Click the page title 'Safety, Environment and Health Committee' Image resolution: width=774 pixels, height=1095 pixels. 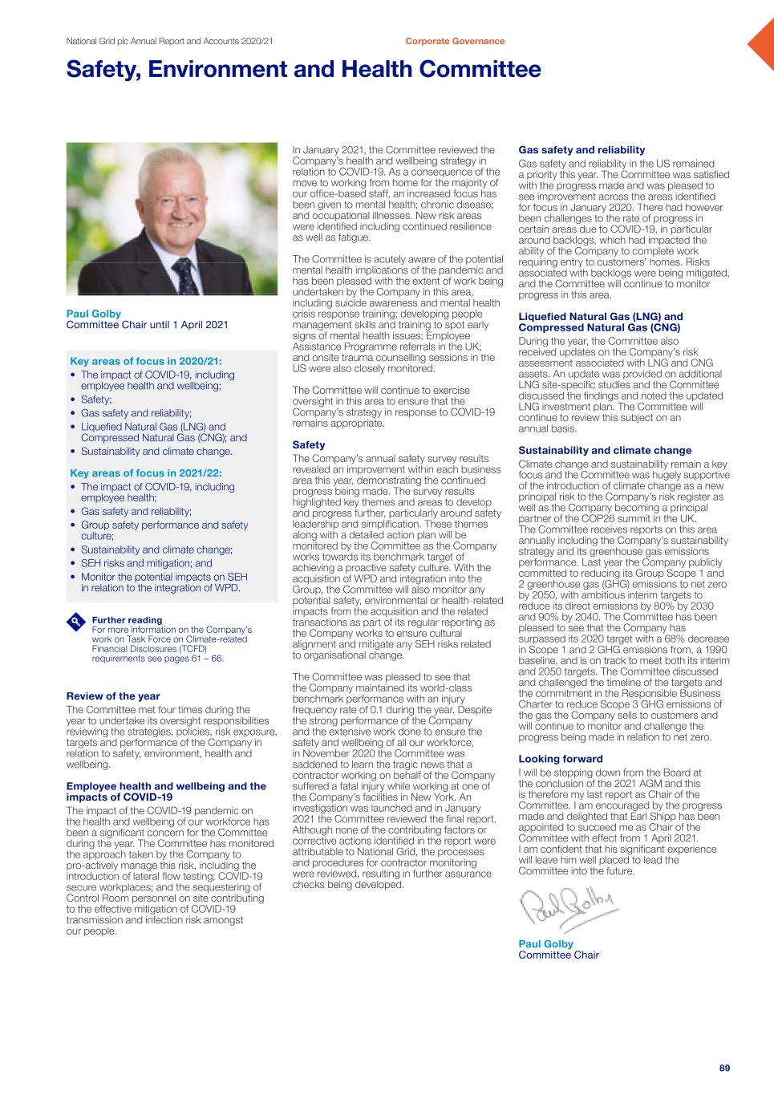pos(303,70)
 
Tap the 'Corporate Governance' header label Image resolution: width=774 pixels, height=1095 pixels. pos(455,41)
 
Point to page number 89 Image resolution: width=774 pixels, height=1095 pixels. pos(724,1068)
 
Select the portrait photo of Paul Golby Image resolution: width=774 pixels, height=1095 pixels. pos(172,219)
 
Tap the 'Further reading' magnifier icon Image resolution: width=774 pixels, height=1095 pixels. pos(75,622)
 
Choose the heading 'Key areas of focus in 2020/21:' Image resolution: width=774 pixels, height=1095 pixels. pos(146,361)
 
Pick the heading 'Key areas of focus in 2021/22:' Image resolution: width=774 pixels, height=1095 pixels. pos(146,473)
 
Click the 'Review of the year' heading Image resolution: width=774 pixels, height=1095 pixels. pos(113,696)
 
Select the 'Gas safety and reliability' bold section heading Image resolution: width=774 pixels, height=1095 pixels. pos(582,150)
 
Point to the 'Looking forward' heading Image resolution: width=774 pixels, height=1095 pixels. pos(561,759)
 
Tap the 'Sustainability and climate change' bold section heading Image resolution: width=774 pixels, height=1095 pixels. pos(605,451)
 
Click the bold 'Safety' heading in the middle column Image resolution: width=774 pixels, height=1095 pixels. pos(309,445)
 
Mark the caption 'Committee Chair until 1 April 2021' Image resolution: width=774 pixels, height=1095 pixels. pos(147,325)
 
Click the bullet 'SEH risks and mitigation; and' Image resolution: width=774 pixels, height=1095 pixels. pos(147,563)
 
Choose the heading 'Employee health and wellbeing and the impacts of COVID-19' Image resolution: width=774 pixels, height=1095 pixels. pos(166,792)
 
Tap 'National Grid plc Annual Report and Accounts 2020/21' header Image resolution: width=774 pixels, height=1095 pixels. pos(170,41)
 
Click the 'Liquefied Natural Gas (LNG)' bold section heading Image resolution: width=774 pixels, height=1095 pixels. pos(601,322)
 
